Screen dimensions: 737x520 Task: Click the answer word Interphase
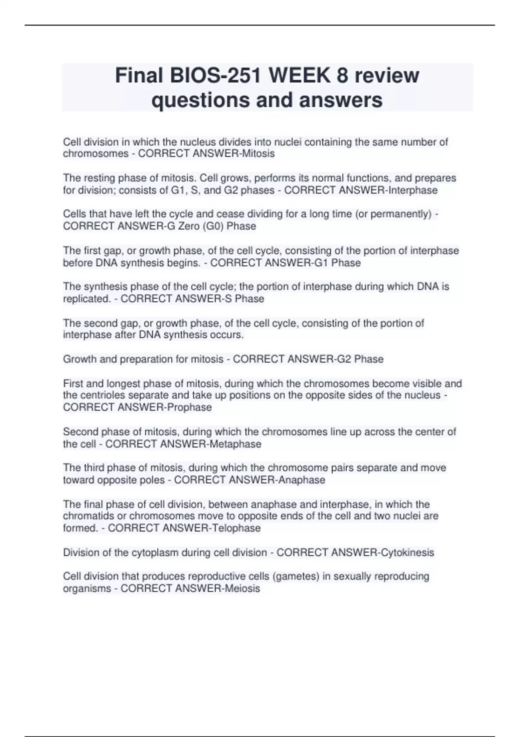pos(413,190)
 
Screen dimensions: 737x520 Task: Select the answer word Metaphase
pos(235,444)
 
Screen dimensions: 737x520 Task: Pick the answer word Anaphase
pos(302,480)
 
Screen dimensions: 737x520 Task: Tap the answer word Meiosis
pos(242,589)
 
